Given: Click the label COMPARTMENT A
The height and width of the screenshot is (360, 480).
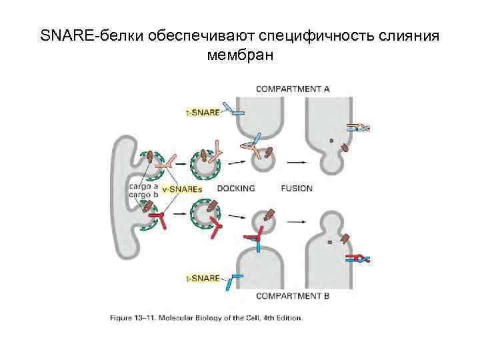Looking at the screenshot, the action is pos(293,89).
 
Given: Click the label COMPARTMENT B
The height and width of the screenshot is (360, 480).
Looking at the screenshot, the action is pos(293,295).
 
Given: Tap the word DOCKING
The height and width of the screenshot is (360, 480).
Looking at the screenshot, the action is pos(236,189).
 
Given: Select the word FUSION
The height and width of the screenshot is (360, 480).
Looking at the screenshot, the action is pos(296,189).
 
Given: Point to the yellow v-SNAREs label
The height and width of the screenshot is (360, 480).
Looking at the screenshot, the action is pos(182,189).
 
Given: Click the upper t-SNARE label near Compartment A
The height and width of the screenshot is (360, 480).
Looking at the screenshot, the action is pos(202,113).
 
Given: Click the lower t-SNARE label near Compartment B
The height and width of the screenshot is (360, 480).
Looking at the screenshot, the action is pos(202,278).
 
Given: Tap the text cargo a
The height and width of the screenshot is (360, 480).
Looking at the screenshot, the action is pos(143,186).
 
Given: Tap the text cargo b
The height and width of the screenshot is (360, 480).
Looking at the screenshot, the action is pos(143,195).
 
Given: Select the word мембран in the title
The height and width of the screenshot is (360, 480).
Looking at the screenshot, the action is pos(240,55).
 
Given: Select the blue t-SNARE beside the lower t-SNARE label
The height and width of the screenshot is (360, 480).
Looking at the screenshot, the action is pos(233,280).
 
